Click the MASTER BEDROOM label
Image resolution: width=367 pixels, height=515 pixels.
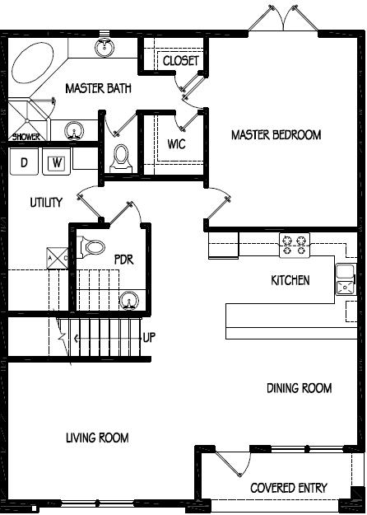276,135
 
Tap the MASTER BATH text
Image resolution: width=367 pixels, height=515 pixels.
98,88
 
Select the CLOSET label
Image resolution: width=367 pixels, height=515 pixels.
180,62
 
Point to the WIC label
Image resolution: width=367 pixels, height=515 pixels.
176,144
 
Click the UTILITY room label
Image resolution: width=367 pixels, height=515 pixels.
47,203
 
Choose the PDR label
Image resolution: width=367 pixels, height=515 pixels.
123,260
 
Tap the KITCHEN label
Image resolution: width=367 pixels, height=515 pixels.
290,281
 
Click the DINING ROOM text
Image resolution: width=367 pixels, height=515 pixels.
299,388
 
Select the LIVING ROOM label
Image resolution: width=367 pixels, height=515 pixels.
97,438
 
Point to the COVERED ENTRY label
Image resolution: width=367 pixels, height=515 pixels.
288,488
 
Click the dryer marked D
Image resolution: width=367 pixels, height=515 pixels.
25,163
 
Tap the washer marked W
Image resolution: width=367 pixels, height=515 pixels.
57,163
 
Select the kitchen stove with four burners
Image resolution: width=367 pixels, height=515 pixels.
295,243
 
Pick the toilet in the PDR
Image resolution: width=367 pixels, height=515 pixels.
95,247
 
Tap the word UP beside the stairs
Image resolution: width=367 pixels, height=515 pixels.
150,338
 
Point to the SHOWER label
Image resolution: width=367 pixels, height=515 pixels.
26,137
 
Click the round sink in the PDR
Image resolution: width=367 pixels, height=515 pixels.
128,299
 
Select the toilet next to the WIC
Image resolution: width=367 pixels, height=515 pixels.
121,156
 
